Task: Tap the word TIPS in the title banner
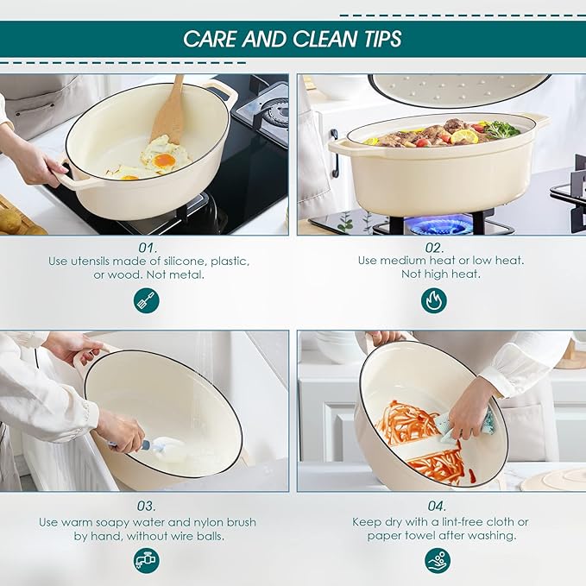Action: pos(382,39)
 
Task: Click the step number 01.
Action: pos(148,248)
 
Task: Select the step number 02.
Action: pos(434,248)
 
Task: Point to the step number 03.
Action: pos(147,506)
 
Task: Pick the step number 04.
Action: pos(437,506)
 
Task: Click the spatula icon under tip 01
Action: pos(147,300)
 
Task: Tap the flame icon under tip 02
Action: pos(434,300)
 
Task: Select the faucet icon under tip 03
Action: pos(147,560)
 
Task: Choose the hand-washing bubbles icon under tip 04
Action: pos(438,560)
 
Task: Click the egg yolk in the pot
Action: pos(165,161)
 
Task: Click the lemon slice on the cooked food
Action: pos(464,136)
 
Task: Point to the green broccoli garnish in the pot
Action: pos(501,129)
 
